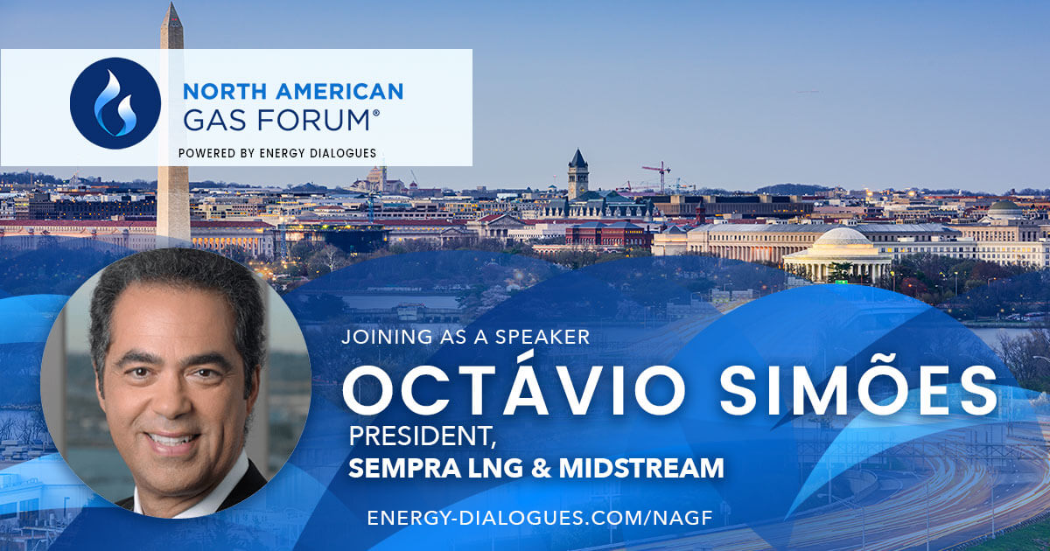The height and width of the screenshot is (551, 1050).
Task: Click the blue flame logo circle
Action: click(115, 103)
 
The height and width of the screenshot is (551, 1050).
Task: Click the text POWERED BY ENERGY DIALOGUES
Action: click(277, 153)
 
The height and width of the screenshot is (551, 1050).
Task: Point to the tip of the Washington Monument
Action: click(171, 3)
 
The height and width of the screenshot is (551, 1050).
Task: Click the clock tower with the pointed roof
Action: click(577, 173)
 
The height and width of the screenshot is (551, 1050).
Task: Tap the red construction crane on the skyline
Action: click(659, 176)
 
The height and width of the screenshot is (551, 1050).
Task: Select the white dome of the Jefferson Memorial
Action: click(843, 237)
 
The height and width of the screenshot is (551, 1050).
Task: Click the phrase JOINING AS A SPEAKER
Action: click(465, 337)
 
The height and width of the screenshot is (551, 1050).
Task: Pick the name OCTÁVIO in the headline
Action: click(514, 385)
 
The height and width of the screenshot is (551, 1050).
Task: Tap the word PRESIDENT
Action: click(422, 436)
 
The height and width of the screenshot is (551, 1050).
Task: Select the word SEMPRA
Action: click(404, 468)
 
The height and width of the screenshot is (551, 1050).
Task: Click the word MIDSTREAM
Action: click(641, 468)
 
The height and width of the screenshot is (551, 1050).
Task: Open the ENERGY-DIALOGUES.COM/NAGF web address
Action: click(540, 518)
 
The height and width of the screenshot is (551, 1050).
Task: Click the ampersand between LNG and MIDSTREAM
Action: click(542, 468)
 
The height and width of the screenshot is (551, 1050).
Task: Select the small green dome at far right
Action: click(1004, 206)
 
